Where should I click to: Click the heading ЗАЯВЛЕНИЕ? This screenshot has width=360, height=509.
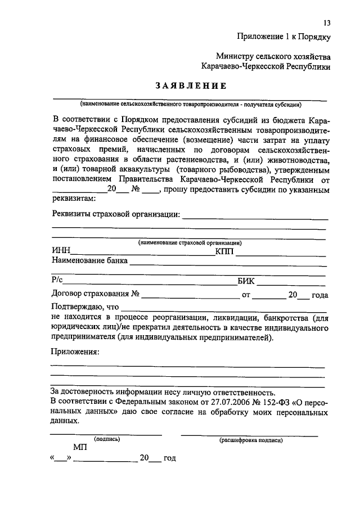tap(191, 86)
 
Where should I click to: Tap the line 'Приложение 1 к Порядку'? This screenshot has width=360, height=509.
tap(283, 37)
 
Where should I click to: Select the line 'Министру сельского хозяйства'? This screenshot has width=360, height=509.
tap(273, 56)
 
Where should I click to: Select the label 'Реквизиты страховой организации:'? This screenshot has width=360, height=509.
tap(116, 214)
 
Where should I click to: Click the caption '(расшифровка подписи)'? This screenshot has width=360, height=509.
tap(251, 440)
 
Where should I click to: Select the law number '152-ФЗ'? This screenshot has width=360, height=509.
tap(271, 401)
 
